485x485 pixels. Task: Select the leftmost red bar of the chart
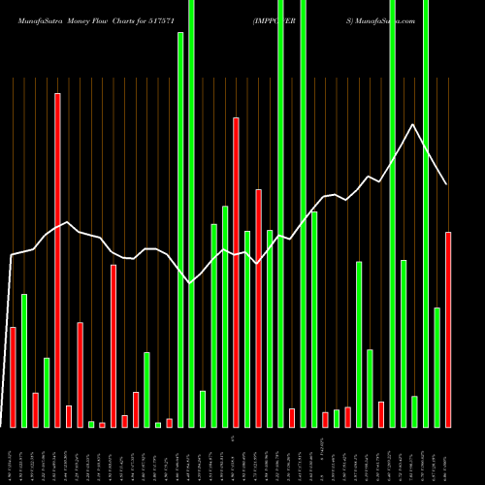click(13, 377)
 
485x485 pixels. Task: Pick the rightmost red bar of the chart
click(448, 330)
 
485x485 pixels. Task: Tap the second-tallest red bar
click(236, 272)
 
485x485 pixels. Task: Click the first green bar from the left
click(24, 360)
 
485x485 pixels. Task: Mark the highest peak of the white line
click(414, 124)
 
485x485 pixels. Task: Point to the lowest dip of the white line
click(191, 282)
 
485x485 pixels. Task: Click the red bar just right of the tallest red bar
click(69, 416)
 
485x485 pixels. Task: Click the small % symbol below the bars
click(233, 438)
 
